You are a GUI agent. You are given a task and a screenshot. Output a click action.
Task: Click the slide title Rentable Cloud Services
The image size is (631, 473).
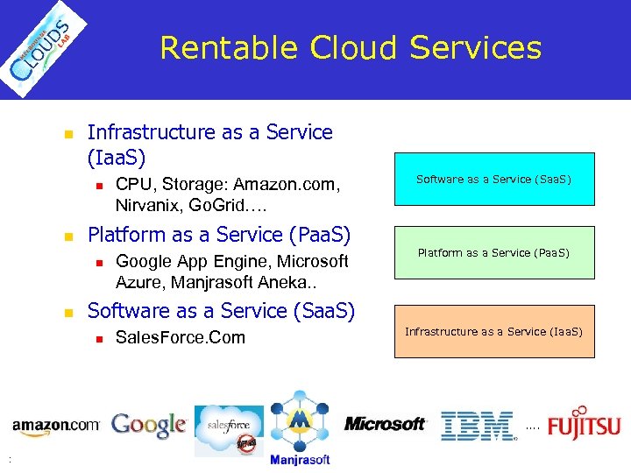[351, 47]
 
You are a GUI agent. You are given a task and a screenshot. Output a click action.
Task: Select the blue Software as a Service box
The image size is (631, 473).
[493, 180]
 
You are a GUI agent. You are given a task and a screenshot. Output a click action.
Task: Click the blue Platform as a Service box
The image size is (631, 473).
[493, 253]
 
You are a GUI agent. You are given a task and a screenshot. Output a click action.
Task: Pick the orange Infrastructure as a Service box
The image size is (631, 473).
[493, 331]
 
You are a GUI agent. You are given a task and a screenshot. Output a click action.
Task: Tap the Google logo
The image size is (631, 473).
[149, 426]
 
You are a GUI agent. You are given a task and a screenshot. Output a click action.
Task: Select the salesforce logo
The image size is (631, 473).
[229, 429]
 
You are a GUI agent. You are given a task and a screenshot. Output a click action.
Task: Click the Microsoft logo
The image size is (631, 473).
[385, 424]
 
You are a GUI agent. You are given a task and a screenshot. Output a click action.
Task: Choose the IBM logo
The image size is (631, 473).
[478, 426]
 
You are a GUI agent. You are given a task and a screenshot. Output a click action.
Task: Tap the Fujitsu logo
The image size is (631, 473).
[584, 423]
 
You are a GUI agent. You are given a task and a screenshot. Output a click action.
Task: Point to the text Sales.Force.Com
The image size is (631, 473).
[181, 338]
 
